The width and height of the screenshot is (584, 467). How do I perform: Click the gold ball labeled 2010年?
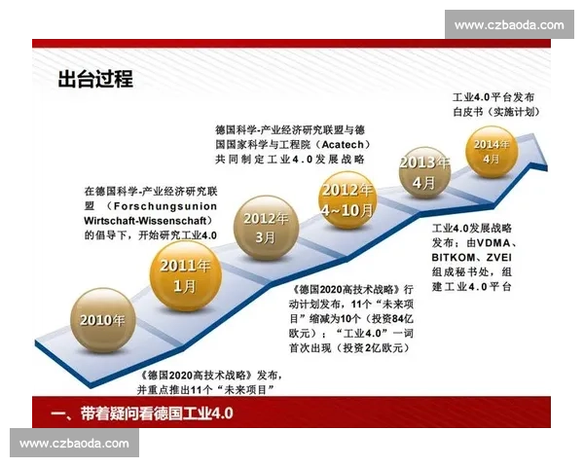pos(102,319)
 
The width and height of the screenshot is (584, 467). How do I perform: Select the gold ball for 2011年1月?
pos(185,275)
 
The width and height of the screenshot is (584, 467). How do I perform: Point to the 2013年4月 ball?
pos(423,171)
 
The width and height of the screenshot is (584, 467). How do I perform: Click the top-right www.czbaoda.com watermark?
pos(509,24)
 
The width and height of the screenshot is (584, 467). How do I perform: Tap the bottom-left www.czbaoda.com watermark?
pos(74,444)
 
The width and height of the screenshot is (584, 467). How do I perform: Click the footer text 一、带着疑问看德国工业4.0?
pos(148,413)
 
